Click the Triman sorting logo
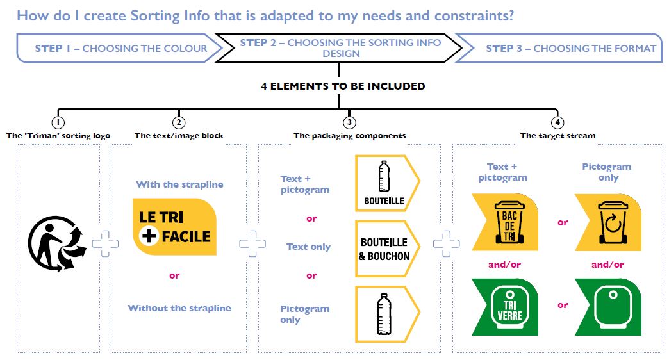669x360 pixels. (56, 241)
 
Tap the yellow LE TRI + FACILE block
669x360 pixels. (174, 227)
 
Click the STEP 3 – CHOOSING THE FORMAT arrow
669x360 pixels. (566, 48)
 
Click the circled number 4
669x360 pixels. (557, 122)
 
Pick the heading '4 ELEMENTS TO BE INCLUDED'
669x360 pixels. (343, 86)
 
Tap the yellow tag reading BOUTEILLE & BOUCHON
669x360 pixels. (384, 249)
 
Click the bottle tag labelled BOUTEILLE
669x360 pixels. (384, 184)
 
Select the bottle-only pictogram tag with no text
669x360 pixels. (384, 313)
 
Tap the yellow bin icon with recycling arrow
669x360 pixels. (607, 222)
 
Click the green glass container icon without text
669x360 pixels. (607, 307)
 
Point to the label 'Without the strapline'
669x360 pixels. (179, 308)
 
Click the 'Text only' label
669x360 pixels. (308, 247)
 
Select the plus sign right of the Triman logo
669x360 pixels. (105, 244)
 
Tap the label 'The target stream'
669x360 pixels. (557, 136)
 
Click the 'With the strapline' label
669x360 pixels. (179, 184)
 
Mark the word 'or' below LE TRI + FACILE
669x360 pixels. (174, 276)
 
